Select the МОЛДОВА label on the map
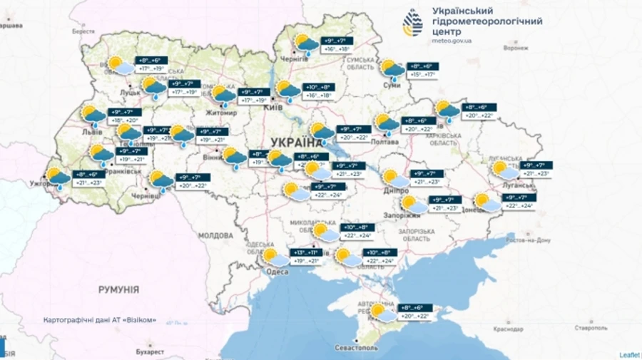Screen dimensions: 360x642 (x=215, y=235)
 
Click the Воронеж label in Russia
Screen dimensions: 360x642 (x=516, y=48)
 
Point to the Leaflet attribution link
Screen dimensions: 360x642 (x=628, y=354)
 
